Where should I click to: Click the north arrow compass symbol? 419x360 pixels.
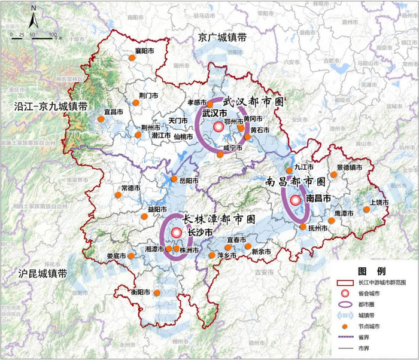34,19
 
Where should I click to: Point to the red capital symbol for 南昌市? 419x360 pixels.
295,201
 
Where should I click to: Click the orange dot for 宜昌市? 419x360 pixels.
101,119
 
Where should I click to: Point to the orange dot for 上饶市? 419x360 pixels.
366,209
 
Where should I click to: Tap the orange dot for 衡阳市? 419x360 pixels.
157,293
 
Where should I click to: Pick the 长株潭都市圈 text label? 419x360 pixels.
218,219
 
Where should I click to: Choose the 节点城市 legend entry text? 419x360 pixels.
369,326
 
